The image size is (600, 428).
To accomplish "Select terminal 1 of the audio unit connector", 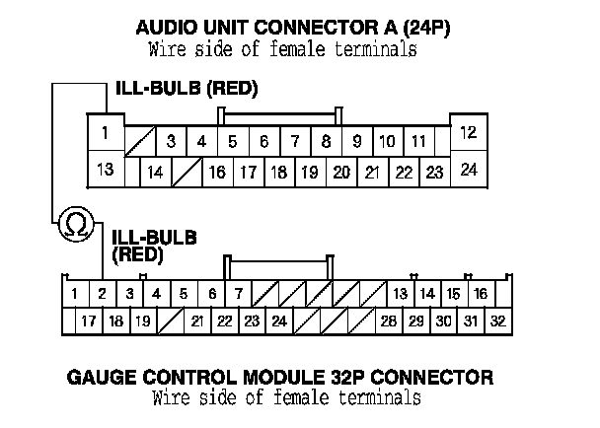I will [105, 131].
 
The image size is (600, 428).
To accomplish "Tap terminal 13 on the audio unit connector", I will [105, 169].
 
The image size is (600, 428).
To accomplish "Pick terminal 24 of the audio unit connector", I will [469, 169].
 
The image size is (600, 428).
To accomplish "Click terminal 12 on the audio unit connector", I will [469, 131].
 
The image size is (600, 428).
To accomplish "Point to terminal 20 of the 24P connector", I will [340, 172].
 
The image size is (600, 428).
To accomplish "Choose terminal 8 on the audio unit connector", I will [326, 141].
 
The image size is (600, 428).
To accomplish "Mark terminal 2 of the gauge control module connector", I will [102, 293].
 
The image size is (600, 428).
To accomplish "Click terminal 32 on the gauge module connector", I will [497, 321].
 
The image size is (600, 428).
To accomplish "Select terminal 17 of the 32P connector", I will [88, 321].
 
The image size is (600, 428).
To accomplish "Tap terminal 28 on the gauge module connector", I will [389, 321].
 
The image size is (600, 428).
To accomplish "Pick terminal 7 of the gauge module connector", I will [238, 293].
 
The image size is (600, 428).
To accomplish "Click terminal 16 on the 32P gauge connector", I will [480, 293].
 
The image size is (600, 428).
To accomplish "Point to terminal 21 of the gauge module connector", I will [196, 321].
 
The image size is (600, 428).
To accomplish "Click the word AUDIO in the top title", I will [166, 28].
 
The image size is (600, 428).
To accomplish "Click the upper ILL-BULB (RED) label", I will [187, 90].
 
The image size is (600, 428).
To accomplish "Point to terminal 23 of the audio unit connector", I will [433, 172].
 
